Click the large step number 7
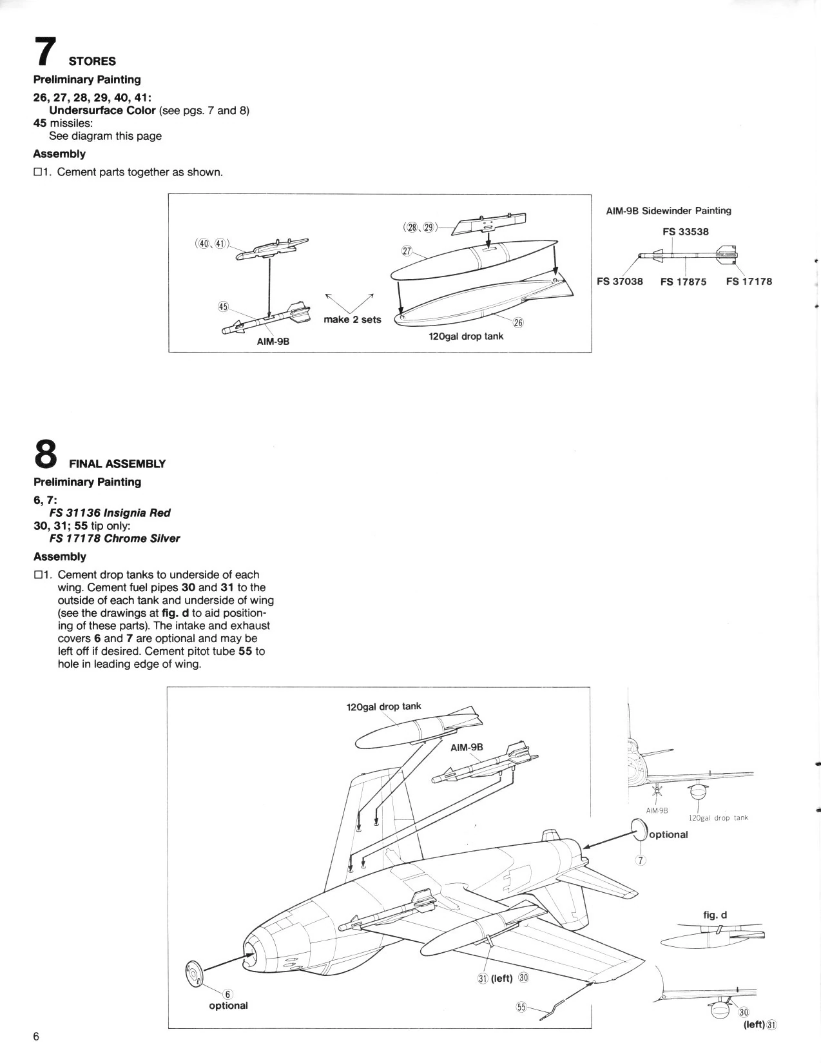[x=46, y=52]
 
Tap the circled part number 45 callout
[x=223, y=307]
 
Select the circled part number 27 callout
[x=406, y=251]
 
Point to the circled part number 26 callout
[x=518, y=322]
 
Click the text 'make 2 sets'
[x=352, y=320]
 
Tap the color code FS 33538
[x=685, y=232]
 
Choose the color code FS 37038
[x=619, y=282]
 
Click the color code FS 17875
[x=683, y=282]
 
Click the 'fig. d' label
[x=715, y=915]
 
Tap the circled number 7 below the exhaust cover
[x=640, y=860]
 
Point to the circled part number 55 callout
[x=521, y=1006]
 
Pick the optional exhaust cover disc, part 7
[x=638, y=830]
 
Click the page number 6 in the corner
[x=37, y=1037]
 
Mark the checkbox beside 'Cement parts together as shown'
[x=38, y=172]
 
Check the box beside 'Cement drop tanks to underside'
[x=38, y=575]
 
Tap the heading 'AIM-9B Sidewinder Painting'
[x=668, y=211]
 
